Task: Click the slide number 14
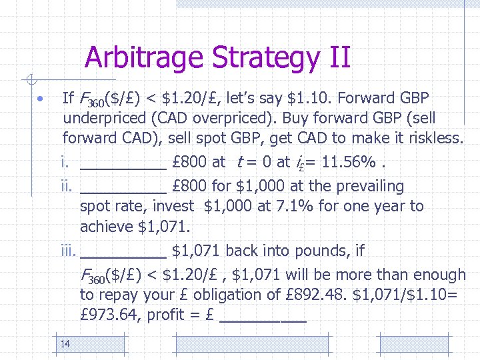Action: pyautogui.click(x=65, y=344)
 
